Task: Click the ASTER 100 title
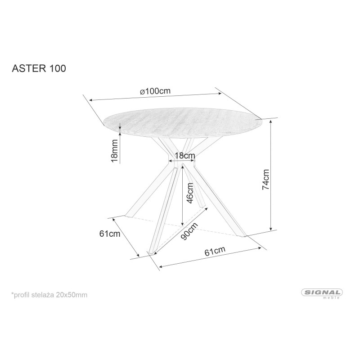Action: click(39, 68)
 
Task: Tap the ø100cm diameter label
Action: click(155, 91)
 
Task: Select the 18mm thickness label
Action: click(114, 151)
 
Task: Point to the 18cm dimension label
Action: click(185, 155)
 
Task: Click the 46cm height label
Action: click(190, 193)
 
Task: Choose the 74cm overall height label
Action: click(265, 180)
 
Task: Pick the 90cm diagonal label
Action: click(189, 231)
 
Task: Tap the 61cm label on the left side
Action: click(110, 234)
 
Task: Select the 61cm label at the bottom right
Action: click(215, 251)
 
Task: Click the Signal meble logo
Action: click(322, 293)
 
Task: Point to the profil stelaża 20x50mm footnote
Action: click(49, 295)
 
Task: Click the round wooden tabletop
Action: click(183, 122)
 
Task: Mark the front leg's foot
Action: click(152, 252)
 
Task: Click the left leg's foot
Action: click(129, 216)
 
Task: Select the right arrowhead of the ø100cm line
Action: click(220, 93)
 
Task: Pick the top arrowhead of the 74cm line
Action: click(271, 121)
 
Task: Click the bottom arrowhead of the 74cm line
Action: click(271, 228)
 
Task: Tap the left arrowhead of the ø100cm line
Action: click(91, 100)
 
